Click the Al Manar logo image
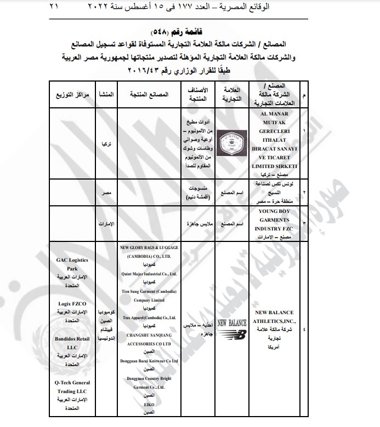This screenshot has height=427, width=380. pyautogui.click(x=232, y=143)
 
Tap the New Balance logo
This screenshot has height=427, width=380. pyautogui.click(x=232, y=327)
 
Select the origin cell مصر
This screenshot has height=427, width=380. pyautogui.click(x=106, y=194)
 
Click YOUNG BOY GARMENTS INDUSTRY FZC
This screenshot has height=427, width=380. pyautogui.click(x=275, y=220)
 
